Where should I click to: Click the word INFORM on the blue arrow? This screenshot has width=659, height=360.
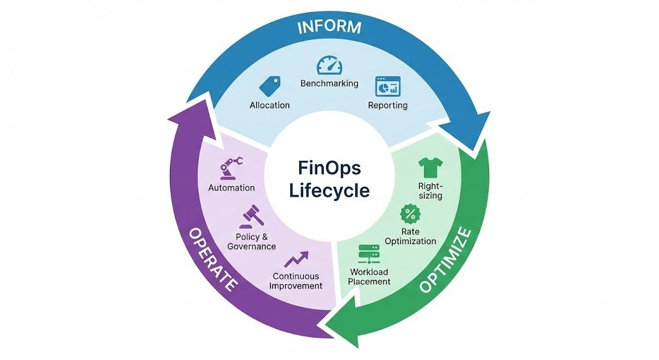(x=329, y=28)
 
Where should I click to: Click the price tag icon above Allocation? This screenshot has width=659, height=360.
(x=269, y=86)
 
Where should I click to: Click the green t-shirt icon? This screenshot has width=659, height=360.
(x=429, y=168)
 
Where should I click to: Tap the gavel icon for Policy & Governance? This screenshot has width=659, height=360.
(x=250, y=218)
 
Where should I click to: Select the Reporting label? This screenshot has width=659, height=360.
(x=387, y=105)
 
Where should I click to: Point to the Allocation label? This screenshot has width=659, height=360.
(x=269, y=105)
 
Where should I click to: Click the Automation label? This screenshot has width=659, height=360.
(x=232, y=187)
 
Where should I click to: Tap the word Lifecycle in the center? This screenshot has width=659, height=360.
(x=329, y=191)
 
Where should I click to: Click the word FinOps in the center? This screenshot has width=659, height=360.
(x=329, y=168)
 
